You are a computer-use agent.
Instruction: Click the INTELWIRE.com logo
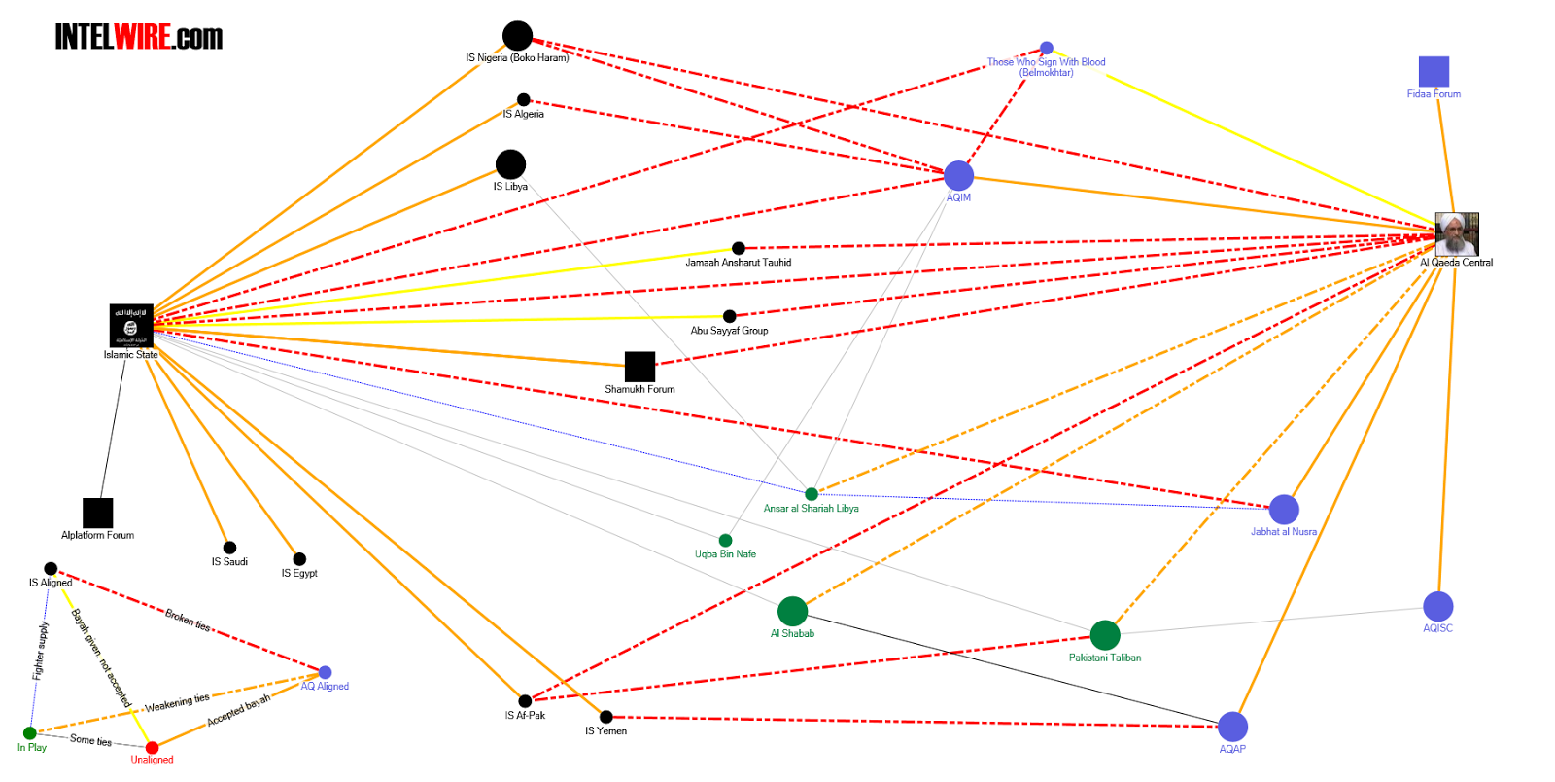[138, 37]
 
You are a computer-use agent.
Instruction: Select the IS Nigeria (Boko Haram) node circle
[517, 36]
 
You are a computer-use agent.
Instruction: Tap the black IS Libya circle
[510, 164]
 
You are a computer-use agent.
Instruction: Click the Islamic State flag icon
[131, 326]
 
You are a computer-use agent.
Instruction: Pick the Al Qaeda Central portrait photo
[1456, 234]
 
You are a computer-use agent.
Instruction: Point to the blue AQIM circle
[958, 176]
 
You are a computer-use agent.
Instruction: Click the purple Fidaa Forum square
[1434, 71]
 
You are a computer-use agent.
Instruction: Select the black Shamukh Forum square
[639, 367]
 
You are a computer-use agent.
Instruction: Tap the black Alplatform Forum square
[98, 513]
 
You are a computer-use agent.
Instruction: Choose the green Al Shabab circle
[792, 612]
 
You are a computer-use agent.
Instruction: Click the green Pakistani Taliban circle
[1105, 635]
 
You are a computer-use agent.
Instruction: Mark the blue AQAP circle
[1232, 727]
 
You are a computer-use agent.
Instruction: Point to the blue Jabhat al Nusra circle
[1284, 510]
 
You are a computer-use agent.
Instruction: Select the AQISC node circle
[1437, 607]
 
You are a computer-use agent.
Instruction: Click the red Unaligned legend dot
[152, 748]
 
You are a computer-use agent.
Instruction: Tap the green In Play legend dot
[30, 733]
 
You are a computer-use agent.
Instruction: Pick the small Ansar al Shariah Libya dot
[812, 494]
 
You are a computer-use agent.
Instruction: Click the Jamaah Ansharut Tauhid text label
[738, 263]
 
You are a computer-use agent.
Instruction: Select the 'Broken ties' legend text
[188, 621]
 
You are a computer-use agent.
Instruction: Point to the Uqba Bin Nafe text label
[725, 554]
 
